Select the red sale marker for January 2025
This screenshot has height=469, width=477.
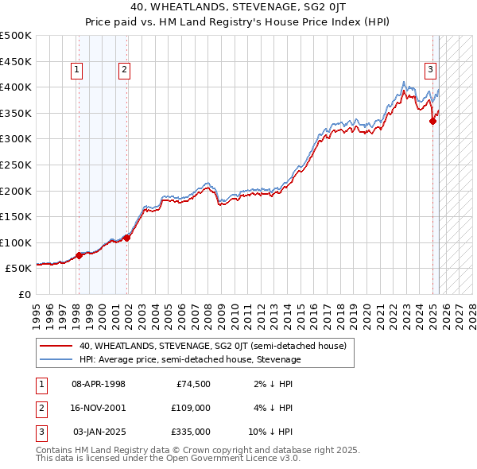pyautogui.click(x=433, y=121)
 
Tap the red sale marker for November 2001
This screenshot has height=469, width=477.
pyautogui.click(x=127, y=238)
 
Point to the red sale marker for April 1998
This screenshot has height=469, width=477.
pyautogui.click(x=79, y=256)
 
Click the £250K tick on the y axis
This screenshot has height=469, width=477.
pyautogui.click(x=16, y=165)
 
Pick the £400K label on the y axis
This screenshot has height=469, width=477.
pyautogui.click(x=16, y=87)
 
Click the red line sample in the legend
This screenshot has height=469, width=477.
pyautogui.click(x=56, y=347)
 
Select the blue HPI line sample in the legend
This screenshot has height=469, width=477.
pyautogui.click(x=56, y=359)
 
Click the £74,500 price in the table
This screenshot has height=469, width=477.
pyautogui.click(x=192, y=384)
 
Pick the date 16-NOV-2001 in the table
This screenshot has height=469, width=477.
pyautogui.click(x=98, y=408)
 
